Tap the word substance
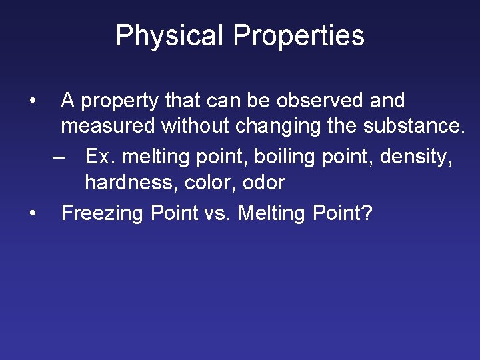pyautogui.click(x=409, y=127)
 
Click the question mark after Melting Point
pyautogui.click(x=367, y=213)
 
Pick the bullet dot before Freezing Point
pyautogui.click(x=32, y=213)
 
